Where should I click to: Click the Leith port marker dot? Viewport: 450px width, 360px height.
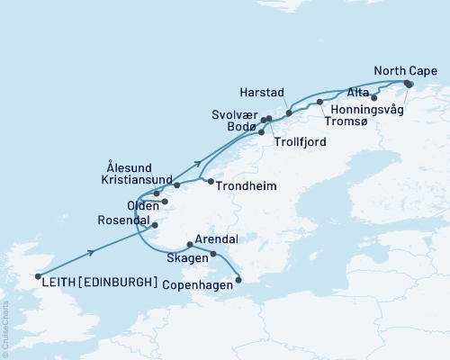tap(38, 277)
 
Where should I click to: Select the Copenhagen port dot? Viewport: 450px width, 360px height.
tap(238, 280)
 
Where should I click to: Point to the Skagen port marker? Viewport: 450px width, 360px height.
tap(213, 254)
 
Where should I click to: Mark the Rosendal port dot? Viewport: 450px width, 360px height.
tap(155, 225)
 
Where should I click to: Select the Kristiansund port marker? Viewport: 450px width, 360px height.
tap(177, 185)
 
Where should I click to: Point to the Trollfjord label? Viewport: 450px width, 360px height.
tap(301, 142)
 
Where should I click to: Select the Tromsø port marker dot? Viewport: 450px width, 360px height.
tap(319, 103)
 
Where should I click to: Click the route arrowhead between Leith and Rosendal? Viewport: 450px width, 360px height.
tap(92, 252)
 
